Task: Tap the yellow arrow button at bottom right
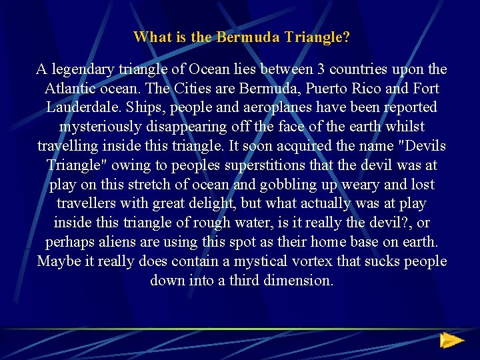click(x=451, y=341)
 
